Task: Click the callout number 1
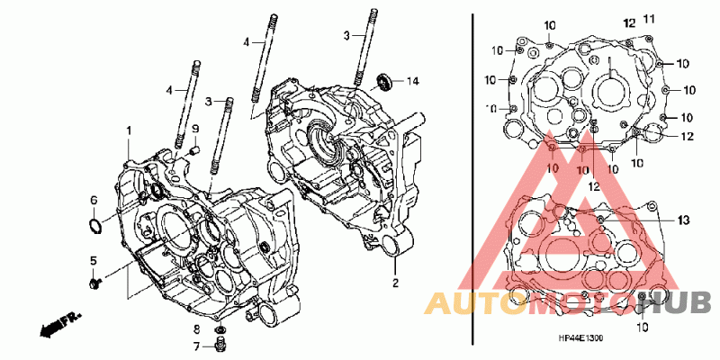point(129,131)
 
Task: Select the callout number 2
point(396,283)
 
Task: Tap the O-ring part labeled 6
point(95,226)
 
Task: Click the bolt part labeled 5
point(95,283)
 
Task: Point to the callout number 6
point(94,200)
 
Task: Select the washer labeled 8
point(220,329)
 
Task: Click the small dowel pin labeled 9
point(194,149)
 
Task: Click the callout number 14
point(413,81)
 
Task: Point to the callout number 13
point(683,220)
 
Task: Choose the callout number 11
point(648,19)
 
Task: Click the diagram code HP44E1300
point(580,338)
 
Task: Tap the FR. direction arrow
point(60,324)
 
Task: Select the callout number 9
point(194,128)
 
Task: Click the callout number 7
point(195,346)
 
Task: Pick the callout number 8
point(195,328)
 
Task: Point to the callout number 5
point(94,261)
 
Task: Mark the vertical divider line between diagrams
point(473,179)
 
